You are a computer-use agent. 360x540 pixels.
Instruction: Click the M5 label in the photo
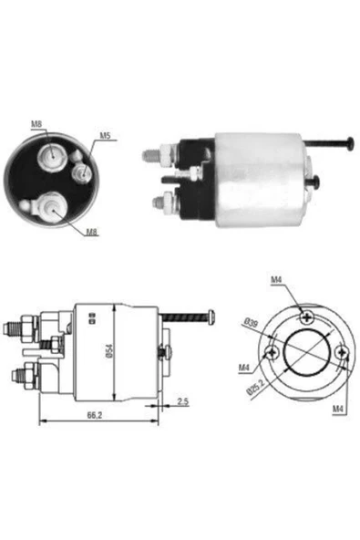pos(105,136)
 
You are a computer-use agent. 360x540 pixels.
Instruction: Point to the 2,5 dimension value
pos(182,401)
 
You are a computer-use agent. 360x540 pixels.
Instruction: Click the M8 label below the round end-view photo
pos(92,233)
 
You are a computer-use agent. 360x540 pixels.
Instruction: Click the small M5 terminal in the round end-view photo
pos(80,171)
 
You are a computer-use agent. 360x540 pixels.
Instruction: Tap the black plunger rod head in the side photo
pos(350,140)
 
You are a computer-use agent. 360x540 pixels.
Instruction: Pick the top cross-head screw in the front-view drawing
pos(307,317)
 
